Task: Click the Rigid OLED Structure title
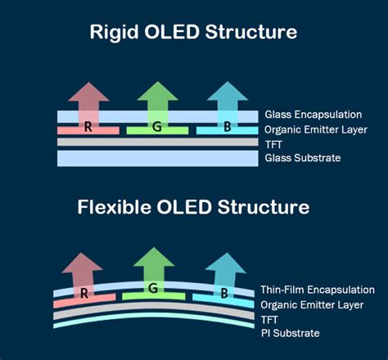point(194,34)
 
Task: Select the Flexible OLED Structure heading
point(194,207)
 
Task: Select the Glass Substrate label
point(302,158)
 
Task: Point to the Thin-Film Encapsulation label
point(318,290)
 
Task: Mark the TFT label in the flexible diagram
point(271,319)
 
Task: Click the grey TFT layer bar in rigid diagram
point(156,143)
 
